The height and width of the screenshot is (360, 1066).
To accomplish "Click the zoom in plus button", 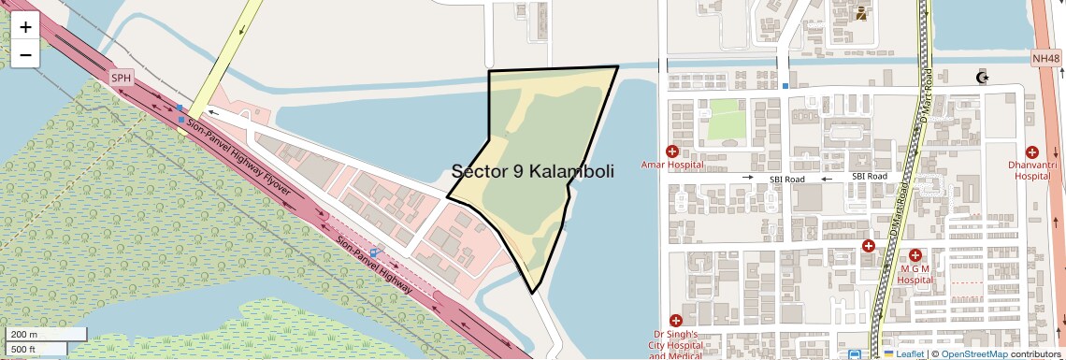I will click(25, 27).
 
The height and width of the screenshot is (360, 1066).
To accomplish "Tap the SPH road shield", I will click(122, 78).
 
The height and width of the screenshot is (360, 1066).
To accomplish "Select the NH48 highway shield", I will click(1046, 59).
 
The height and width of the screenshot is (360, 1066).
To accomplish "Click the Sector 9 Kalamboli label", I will click(532, 171).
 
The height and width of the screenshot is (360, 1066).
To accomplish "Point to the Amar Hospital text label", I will click(671, 166).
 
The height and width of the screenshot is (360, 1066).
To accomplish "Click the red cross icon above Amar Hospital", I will click(671, 151).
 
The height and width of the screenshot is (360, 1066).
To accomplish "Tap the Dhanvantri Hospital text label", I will click(1032, 170).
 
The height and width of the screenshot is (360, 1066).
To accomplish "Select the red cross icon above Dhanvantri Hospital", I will click(1032, 151).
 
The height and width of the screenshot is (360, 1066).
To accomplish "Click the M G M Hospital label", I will click(915, 274).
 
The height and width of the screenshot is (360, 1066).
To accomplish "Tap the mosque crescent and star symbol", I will click(982, 76).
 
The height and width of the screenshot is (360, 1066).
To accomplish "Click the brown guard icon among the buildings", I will click(860, 13).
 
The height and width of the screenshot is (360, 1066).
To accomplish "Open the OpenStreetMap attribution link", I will click(973, 354).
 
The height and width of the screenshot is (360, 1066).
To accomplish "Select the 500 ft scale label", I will click(24, 350).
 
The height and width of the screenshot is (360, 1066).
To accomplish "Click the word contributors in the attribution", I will click(1034, 354).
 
